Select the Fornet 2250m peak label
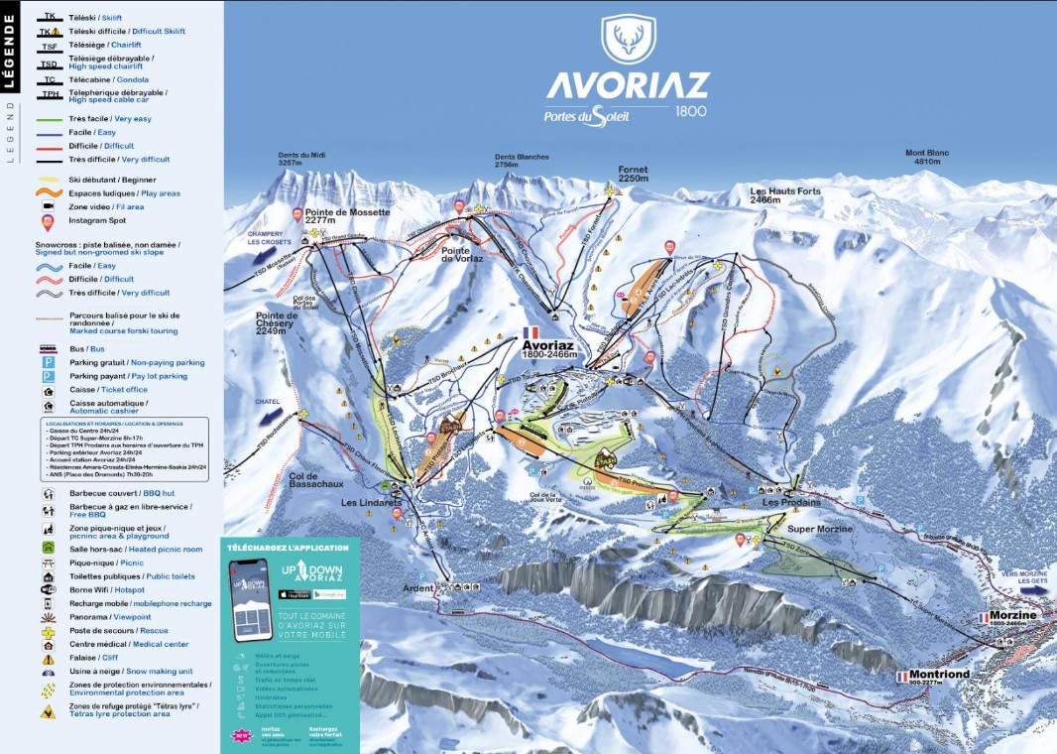pos(632,174)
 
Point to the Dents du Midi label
pos(301,158)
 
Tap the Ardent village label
pos(418,587)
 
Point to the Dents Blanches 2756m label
pos(522,161)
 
